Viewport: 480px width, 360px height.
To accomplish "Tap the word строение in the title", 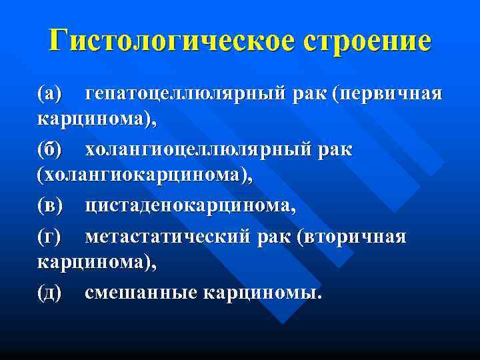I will click(x=367, y=41).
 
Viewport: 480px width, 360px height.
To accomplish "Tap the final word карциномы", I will click(x=261, y=293).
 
